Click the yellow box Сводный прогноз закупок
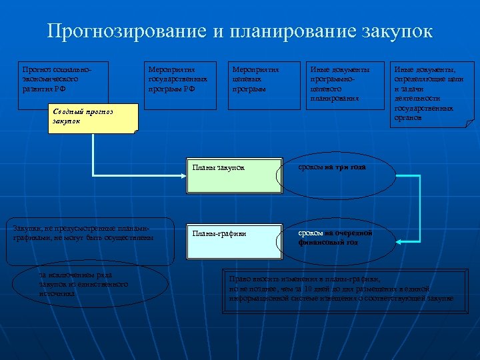(x=93, y=118)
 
